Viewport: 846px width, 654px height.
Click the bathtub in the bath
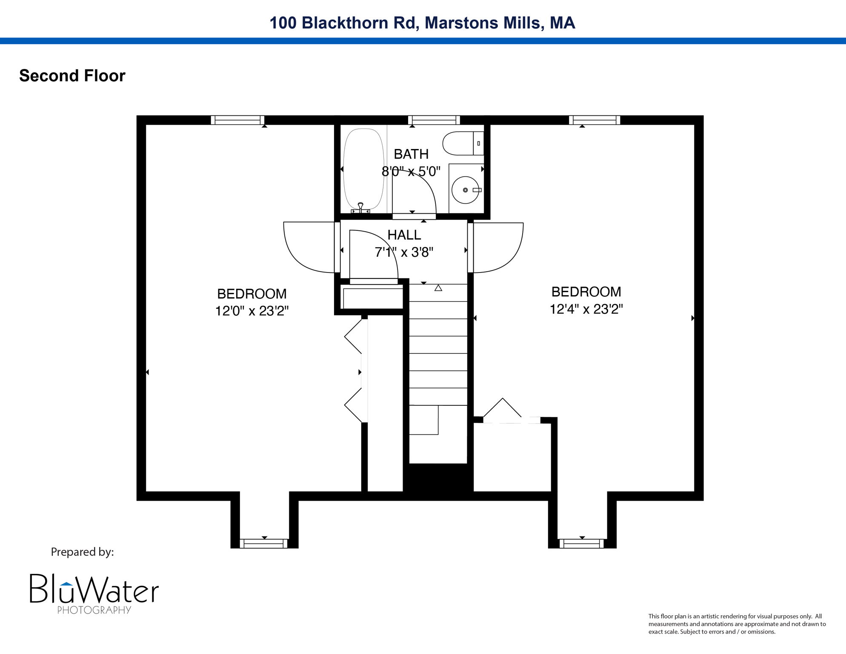(x=363, y=169)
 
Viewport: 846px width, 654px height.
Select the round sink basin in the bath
(x=465, y=190)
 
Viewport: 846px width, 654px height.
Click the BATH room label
(x=411, y=154)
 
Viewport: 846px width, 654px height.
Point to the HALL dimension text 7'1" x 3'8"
(x=404, y=252)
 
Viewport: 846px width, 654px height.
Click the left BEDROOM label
(x=252, y=294)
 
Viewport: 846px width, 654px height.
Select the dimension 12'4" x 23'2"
(x=586, y=309)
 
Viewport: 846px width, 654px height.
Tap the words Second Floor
(x=72, y=76)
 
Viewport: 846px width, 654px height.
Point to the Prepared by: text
(x=82, y=552)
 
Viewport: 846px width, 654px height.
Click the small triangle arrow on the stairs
(x=438, y=288)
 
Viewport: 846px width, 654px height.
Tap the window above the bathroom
(x=434, y=120)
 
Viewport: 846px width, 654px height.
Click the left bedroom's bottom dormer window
(x=264, y=543)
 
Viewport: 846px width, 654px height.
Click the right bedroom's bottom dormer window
(x=581, y=543)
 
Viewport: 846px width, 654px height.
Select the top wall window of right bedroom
(x=594, y=120)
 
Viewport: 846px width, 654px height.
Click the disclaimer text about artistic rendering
(x=737, y=624)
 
